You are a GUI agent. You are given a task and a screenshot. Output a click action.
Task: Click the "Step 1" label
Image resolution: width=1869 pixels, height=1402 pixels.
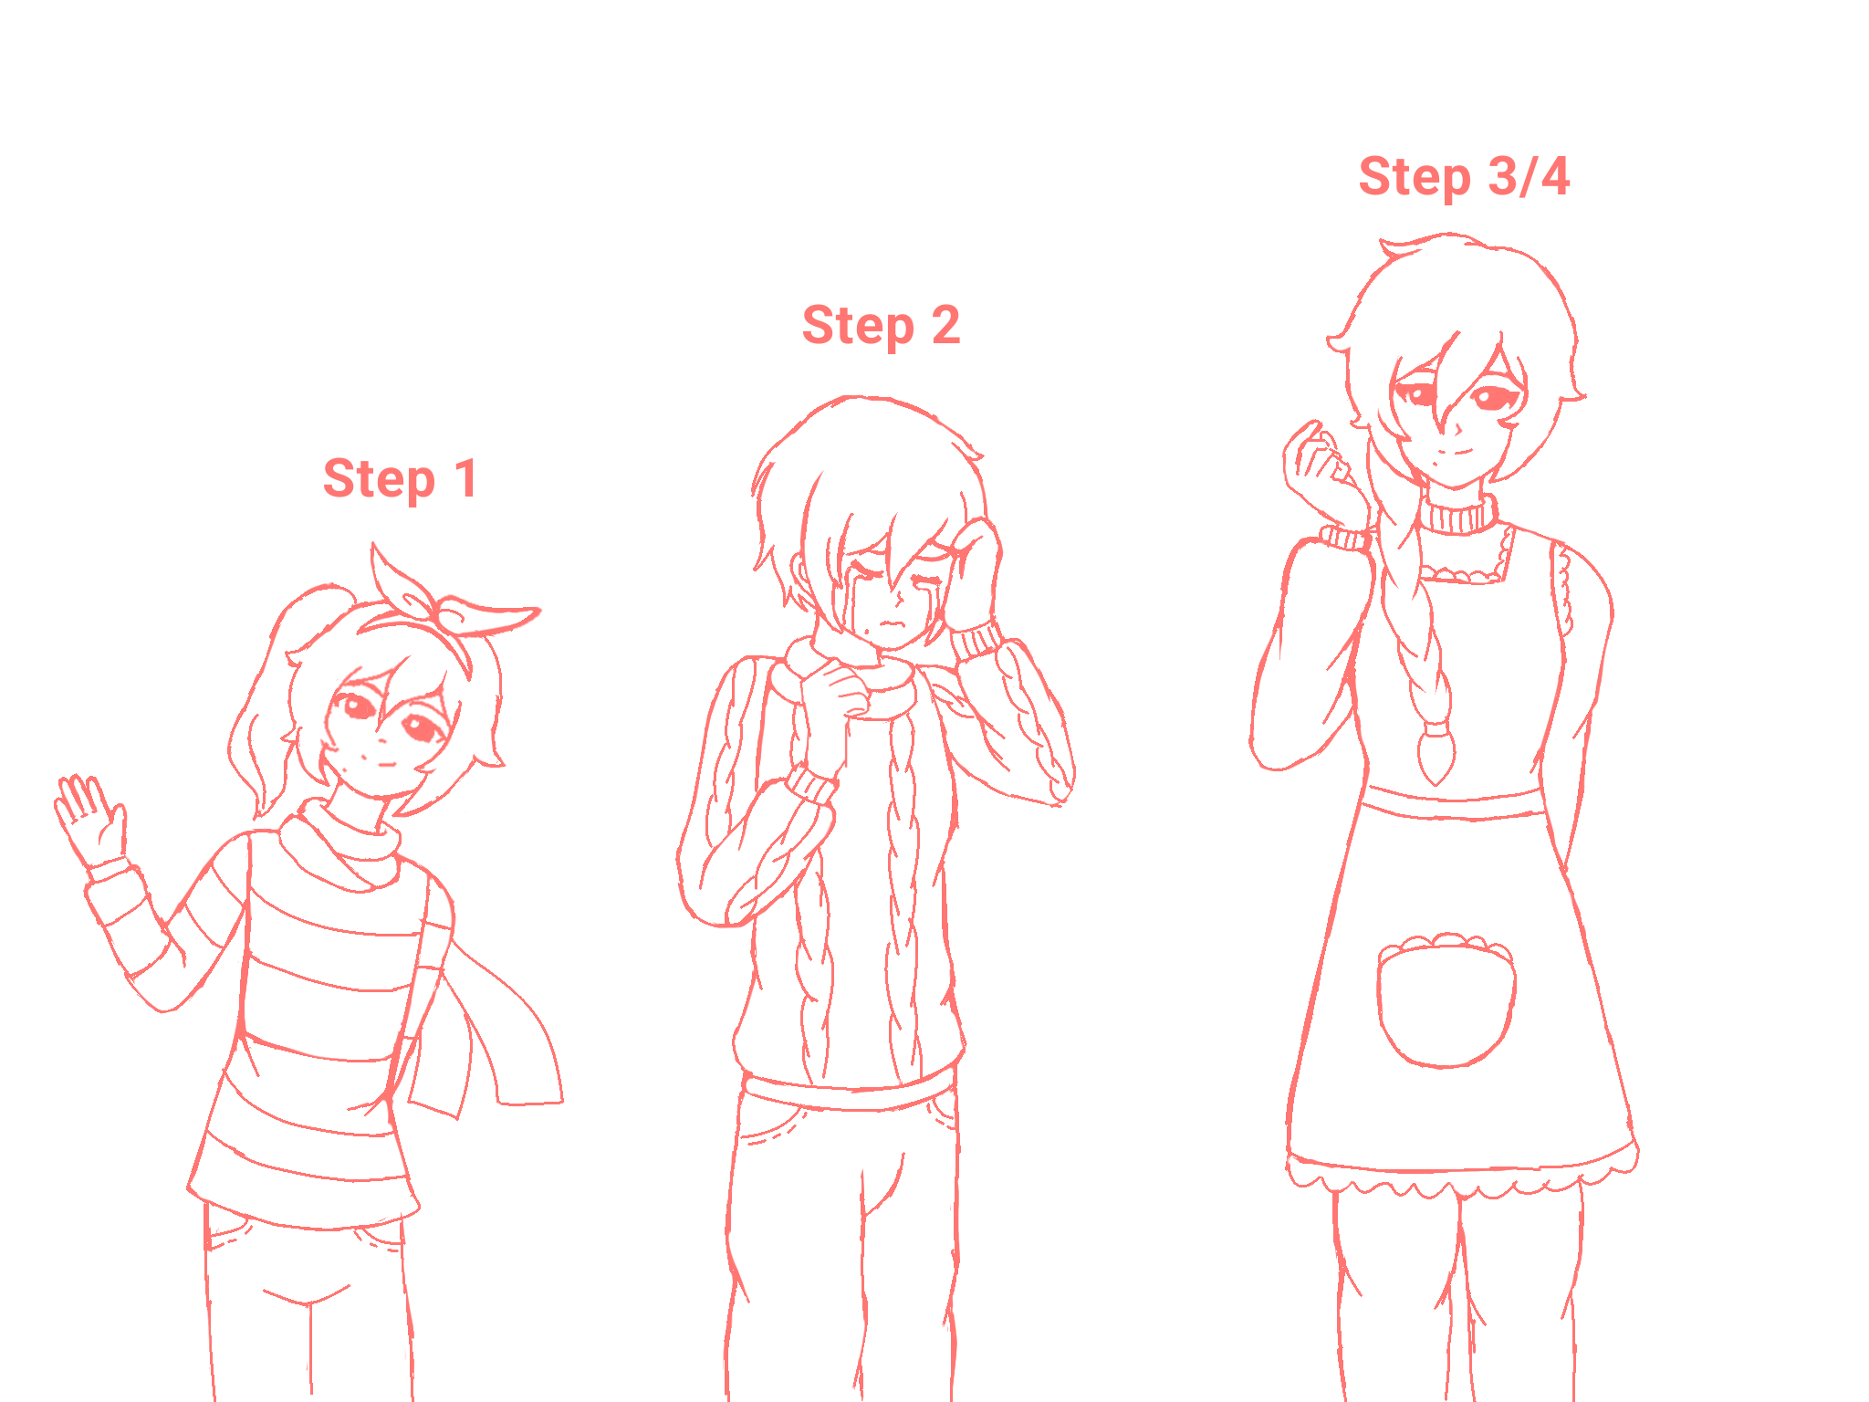click(400, 479)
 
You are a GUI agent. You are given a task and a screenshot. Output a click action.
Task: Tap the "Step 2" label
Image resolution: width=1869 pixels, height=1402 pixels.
click(881, 326)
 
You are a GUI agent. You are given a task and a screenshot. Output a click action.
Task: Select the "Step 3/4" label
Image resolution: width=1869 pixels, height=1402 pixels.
click(1464, 177)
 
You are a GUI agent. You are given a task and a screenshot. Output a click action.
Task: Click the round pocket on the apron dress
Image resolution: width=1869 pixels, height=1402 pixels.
click(1446, 999)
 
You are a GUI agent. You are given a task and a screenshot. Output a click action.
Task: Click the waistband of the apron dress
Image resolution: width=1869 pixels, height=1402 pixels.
click(1453, 802)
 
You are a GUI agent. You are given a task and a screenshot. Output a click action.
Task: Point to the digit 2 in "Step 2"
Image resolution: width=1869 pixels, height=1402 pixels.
click(945, 325)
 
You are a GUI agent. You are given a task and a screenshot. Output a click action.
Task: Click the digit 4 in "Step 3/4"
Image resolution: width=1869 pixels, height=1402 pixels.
click(1555, 176)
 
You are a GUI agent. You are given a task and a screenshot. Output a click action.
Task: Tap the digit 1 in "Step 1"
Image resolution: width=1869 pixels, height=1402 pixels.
click(466, 478)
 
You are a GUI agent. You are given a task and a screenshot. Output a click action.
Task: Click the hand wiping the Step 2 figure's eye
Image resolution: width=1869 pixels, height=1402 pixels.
click(975, 570)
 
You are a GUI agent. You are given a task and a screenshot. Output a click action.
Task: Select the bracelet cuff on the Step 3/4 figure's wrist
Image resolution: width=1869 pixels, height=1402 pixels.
click(1345, 538)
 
